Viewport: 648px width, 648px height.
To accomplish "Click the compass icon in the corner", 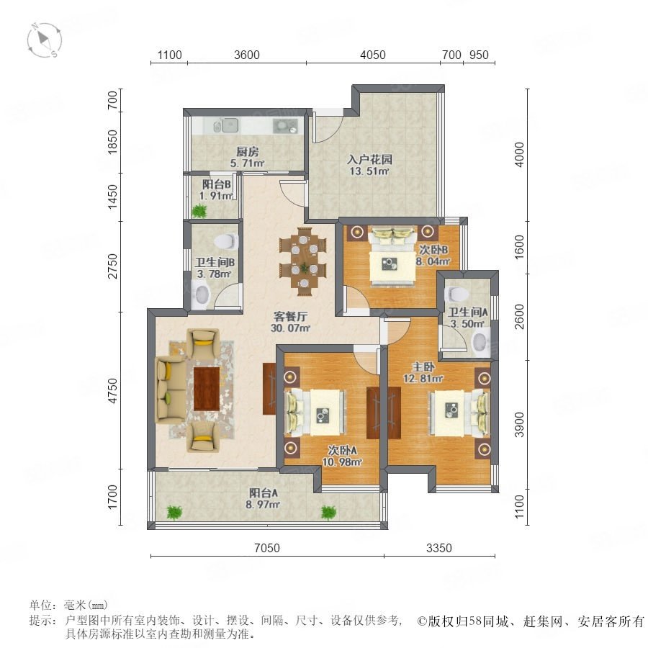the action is pyautogui.click(x=44, y=40).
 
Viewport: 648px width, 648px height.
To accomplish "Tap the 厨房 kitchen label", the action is pyautogui.click(x=248, y=152).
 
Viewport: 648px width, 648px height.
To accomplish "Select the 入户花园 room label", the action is pyautogui.click(x=369, y=160).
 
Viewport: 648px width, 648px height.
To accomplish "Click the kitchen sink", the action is pyautogui.click(x=226, y=125).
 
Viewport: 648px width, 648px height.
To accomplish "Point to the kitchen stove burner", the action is pyautogui.click(x=285, y=125).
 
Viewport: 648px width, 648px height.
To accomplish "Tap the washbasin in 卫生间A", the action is pyautogui.click(x=481, y=342).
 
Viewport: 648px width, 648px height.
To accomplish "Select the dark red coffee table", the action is pyautogui.click(x=206, y=389).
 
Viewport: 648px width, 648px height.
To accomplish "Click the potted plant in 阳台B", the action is pyautogui.click(x=199, y=212).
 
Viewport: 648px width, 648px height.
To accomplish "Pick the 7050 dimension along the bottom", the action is pyautogui.click(x=267, y=548).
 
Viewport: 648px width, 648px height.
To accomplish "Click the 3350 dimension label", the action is pyautogui.click(x=439, y=548).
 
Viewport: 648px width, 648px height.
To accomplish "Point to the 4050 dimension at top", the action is pyautogui.click(x=373, y=55).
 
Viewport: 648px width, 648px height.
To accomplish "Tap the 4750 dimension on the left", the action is pyautogui.click(x=112, y=390).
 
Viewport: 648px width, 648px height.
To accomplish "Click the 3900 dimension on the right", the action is pyautogui.click(x=519, y=424).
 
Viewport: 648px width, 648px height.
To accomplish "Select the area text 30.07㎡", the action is pyautogui.click(x=290, y=328).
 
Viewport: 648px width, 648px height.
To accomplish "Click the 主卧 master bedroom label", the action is pyautogui.click(x=423, y=366).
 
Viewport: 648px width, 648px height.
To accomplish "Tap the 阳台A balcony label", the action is pyautogui.click(x=263, y=493).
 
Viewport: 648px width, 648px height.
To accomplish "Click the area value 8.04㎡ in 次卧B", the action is pyautogui.click(x=432, y=261).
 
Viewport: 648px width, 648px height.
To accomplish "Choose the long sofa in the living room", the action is pyautogui.click(x=170, y=390).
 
